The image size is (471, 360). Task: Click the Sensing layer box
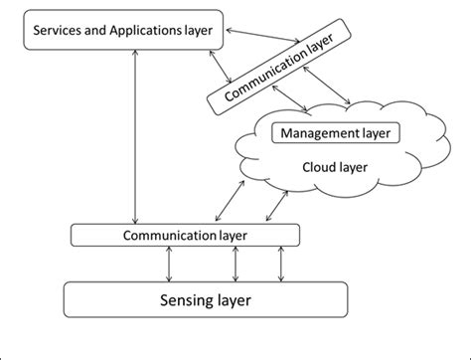[x=206, y=299]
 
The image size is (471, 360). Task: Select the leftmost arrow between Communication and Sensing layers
[x=170, y=264]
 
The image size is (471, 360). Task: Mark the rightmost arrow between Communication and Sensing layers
[x=281, y=264]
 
